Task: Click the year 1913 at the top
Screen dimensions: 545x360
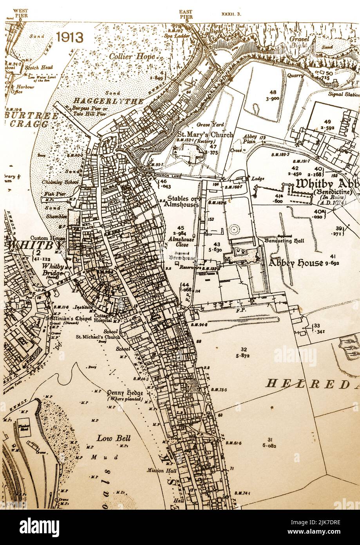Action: click(x=69, y=37)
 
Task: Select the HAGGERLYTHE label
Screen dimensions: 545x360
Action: click(x=108, y=101)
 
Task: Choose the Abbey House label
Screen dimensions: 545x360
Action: click(x=296, y=263)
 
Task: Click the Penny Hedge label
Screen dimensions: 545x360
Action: click(x=125, y=393)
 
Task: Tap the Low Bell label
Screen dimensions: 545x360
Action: click(x=114, y=438)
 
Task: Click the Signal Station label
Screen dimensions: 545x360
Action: click(x=345, y=94)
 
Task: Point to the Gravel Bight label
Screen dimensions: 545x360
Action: click(x=299, y=42)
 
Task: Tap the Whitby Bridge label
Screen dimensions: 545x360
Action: click(x=53, y=269)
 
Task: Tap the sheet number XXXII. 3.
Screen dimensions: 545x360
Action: click(x=232, y=14)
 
